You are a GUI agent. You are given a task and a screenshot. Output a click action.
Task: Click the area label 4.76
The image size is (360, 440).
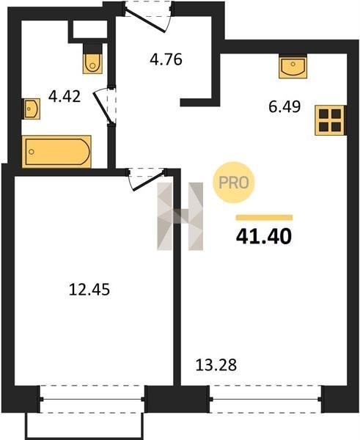click(x=166, y=59)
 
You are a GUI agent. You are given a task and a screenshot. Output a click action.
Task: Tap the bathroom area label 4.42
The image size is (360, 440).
click(x=65, y=96)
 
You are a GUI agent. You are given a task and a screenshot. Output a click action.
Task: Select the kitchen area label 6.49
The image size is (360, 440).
click(x=284, y=106)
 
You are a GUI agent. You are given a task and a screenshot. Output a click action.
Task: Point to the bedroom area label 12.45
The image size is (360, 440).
click(x=89, y=290)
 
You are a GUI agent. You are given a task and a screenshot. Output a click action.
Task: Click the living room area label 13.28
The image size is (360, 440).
click(x=216, y=365)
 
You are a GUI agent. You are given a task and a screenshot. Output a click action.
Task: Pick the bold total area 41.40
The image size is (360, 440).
click(x=264, y=236)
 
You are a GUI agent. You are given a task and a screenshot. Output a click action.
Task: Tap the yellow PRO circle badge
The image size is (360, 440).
click(x=233, y=183)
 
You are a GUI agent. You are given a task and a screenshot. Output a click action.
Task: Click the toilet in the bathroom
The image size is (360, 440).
click(x=92, y=59)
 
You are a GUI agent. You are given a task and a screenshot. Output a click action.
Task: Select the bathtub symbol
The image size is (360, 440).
click(x=56, y=152)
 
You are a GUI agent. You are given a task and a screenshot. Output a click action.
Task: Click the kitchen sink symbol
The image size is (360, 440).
click(x=293, y=66)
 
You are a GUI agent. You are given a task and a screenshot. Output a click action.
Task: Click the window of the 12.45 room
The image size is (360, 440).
click(x=92, y=399)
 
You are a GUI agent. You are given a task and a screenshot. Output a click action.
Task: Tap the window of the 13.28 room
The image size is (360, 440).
click(x=265, y=399)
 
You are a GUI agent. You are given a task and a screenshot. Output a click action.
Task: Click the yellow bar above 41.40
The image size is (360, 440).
click(x=265, y=218)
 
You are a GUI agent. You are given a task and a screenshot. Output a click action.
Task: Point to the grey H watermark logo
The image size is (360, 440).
click(x=180, y=216)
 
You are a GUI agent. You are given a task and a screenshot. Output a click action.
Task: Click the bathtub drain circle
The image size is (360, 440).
click(x=32, y=152)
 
